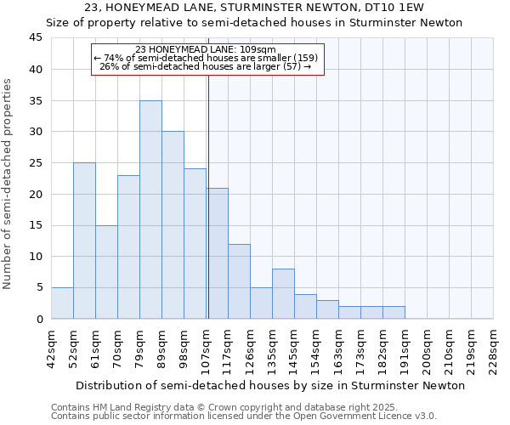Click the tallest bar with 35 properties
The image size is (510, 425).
[150, 210]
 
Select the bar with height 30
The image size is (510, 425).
[173, 225]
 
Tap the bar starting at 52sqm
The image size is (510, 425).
[84, 241]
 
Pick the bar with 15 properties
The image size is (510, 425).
[106, 272]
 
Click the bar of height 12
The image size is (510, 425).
[239, 281]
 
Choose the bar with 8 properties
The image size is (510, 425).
[283, 294]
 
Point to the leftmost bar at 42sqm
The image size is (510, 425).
[62, 303]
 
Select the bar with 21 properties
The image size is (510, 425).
[217, 253]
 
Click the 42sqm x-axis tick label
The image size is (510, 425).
[52, 347]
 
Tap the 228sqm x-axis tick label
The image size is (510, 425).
[494, 347]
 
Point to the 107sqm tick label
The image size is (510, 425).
[207, 347]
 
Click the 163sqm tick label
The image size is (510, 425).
[339, 347]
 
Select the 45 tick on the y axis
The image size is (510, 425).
[36, 38]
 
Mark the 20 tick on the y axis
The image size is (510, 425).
[36, 194]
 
